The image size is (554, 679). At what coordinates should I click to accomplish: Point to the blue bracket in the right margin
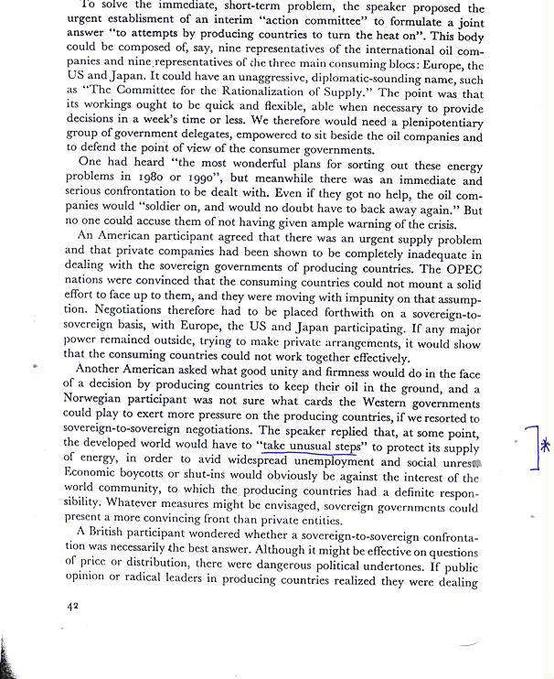coord(535,447)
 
